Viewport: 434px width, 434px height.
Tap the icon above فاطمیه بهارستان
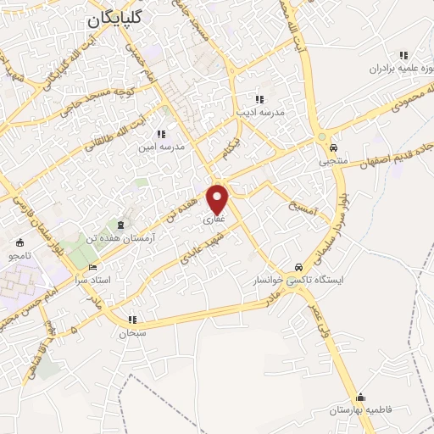pos(361,397)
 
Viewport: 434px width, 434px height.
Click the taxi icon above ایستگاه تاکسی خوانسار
pos(296,266)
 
